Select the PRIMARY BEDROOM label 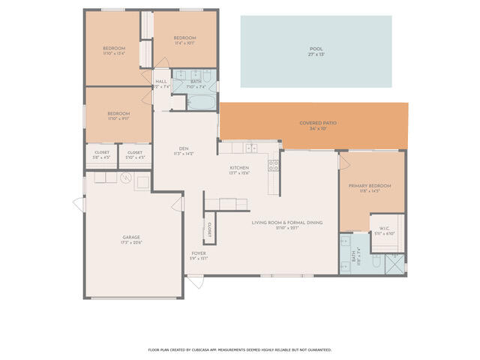point(369,185)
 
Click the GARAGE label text point(131,236)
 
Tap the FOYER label point(198,253)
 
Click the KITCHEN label point(239,168)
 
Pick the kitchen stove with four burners point(274,166)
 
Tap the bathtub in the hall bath point(201,100)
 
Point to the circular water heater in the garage point(127,178)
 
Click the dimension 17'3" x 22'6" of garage point(131,242)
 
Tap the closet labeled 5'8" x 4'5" point(102,155)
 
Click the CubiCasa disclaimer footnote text point(240,349)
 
